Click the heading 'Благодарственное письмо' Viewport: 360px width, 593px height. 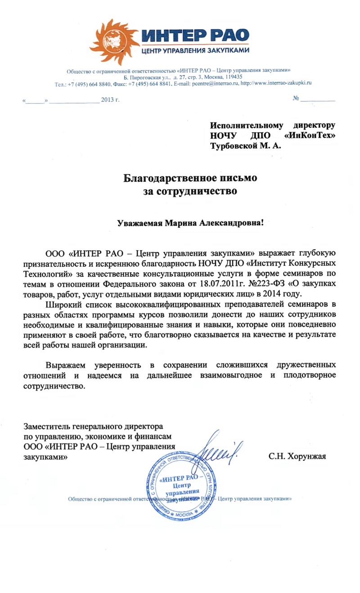click(x=190, y=178)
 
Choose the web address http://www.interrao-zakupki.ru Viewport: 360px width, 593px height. click(x=276, y=83)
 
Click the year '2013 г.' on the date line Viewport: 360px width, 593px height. click(x=110, y=99)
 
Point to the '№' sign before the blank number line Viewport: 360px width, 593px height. click(x=296, y=98)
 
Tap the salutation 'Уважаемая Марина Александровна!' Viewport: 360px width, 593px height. click(x=190, y=223)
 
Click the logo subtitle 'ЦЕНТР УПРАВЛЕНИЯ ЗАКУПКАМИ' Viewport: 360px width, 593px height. click(x=195, y=51)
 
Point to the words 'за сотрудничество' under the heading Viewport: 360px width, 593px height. click(x=190, y=191)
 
